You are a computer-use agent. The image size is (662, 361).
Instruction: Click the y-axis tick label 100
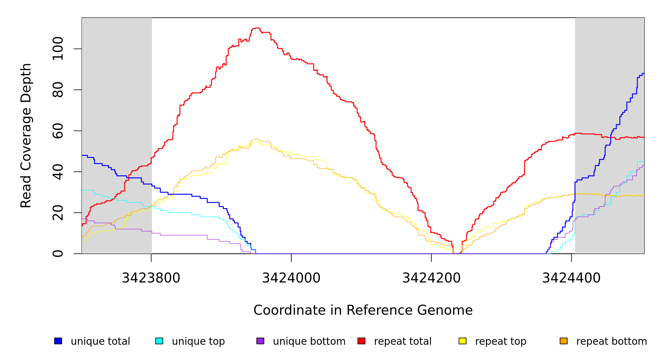click(58, 49)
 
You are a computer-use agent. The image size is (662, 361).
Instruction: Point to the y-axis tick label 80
click(58, 90)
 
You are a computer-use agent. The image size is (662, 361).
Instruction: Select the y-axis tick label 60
click(58, 131)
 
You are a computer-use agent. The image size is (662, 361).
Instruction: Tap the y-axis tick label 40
click(58, 172)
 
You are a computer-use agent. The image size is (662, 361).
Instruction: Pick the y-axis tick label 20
click(58, 213)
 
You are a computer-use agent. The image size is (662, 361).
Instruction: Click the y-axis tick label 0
click(58, 254)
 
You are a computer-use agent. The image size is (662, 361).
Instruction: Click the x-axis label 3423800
click(151, 278)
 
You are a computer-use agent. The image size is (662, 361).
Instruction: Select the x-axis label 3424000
click(291, 278)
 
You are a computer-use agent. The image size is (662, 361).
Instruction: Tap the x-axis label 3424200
click(432, 278)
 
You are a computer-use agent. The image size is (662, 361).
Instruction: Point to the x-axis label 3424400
click(571, 278)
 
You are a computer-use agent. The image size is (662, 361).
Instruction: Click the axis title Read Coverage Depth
click(26, 135)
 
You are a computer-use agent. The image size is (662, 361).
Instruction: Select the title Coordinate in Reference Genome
click(363, 310)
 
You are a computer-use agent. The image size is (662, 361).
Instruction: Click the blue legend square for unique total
click(58, 341)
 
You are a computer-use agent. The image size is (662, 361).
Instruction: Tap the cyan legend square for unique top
click(159, 341)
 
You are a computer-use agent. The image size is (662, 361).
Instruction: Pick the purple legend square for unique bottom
click(260, 341)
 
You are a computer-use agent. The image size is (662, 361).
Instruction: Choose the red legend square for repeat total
click(361, 341)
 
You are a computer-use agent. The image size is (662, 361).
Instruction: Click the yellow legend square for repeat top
click(462, 341)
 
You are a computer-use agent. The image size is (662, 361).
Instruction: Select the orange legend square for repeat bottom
click(564, 341)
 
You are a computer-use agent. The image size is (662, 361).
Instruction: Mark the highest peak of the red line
click(257, 28)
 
